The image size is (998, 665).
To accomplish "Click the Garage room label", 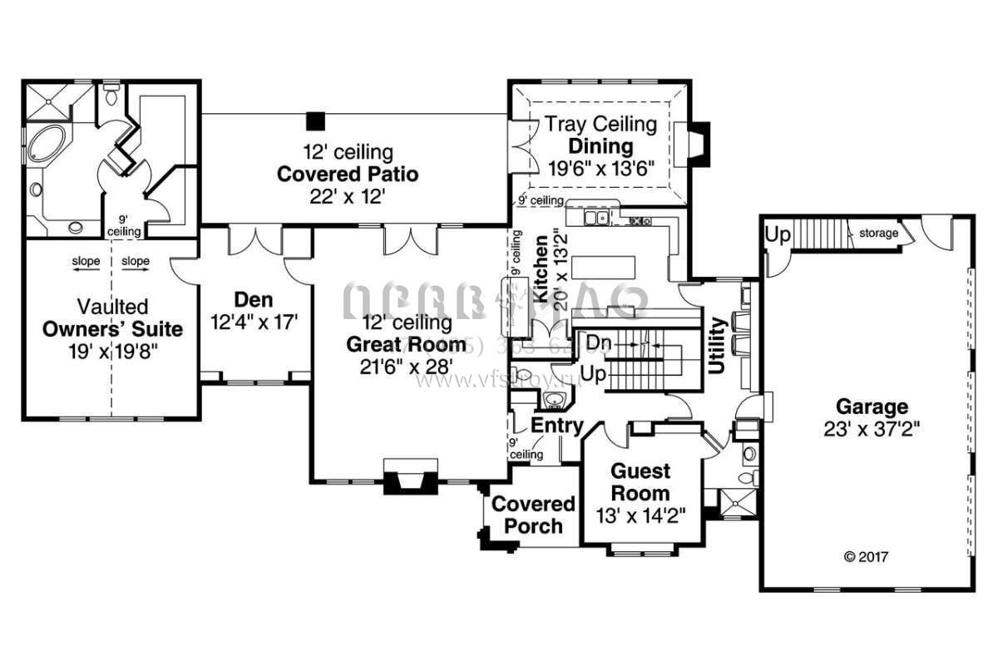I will pyautogui.click(x=872, y=407).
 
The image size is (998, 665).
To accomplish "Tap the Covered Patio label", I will pyautogui.click(x=347, y=175).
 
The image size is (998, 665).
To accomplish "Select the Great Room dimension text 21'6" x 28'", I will pyautogui.click(x=407, y=365).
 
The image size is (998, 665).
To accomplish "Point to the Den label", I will pyautogui.click(x=254, y=299).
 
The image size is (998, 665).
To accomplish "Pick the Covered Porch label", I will pyautogui.click(x=533, y=515).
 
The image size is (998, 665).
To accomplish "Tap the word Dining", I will pyautogui.click(x=601, y=146).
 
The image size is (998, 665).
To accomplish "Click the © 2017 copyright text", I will pyautogui.click(x=866, y=556).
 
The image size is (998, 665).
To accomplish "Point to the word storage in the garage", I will pyautogui.click(x=879, y=234).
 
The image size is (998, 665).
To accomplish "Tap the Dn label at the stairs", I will pyautogui.click(x=598, y=342).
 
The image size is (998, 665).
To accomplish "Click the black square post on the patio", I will pyautogui.click(x=314, y=121).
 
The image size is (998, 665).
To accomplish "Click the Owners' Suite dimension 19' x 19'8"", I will pyautogui.click(x=113, y=351).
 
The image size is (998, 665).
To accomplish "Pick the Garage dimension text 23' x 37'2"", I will pyautogui.click(x=872, y=430).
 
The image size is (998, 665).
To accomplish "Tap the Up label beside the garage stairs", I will pyautogui.click(x=778, y=234).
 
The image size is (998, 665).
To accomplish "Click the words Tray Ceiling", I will pyautogui.click(x=601, y=125).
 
